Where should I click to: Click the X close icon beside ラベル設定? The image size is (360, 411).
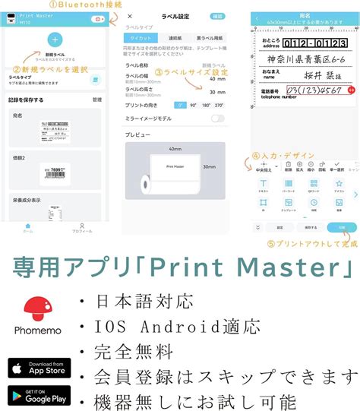pyautogui.click(x=130, y=15)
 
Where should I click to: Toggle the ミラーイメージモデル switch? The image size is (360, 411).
pyautogui.click(x=218, y=119)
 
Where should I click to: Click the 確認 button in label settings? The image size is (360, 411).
pyautogui.click(x=218, y=15)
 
